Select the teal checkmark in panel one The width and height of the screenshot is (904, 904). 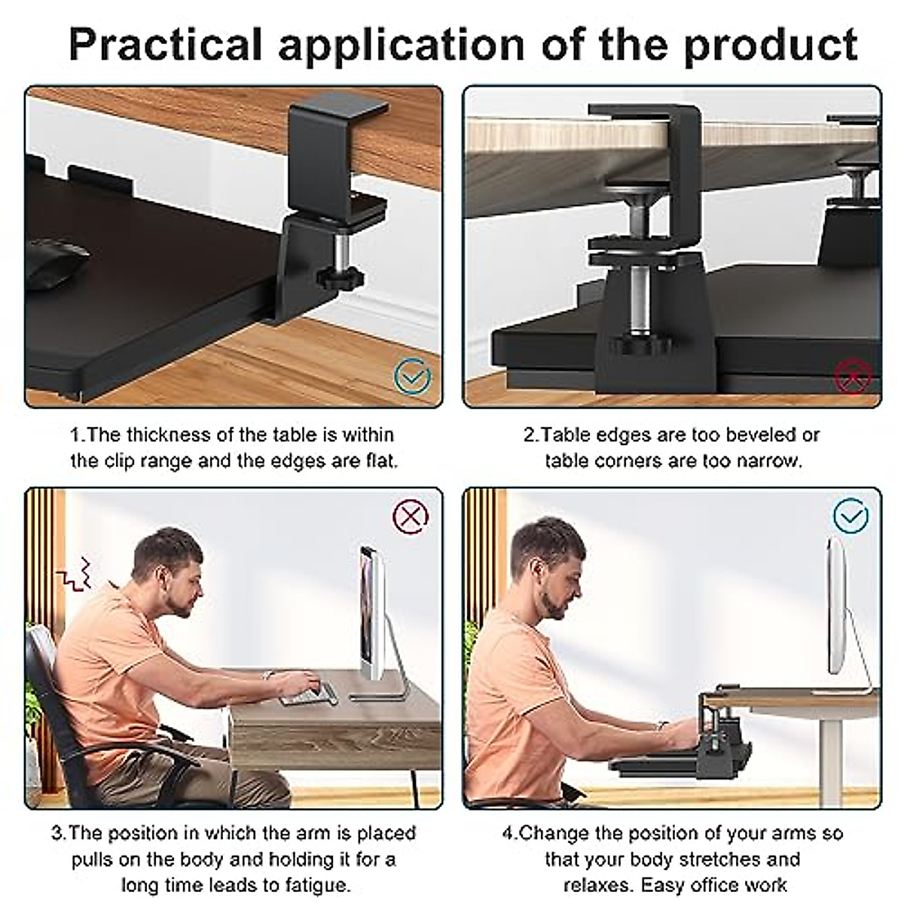[x=412, y=374]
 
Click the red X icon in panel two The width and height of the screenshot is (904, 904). [x=852, y=374]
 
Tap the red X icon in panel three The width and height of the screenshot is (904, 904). [x=411, y=517]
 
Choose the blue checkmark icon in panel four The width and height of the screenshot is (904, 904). [x=851, y=517]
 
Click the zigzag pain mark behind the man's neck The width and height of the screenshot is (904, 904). [x=75, y=573]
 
